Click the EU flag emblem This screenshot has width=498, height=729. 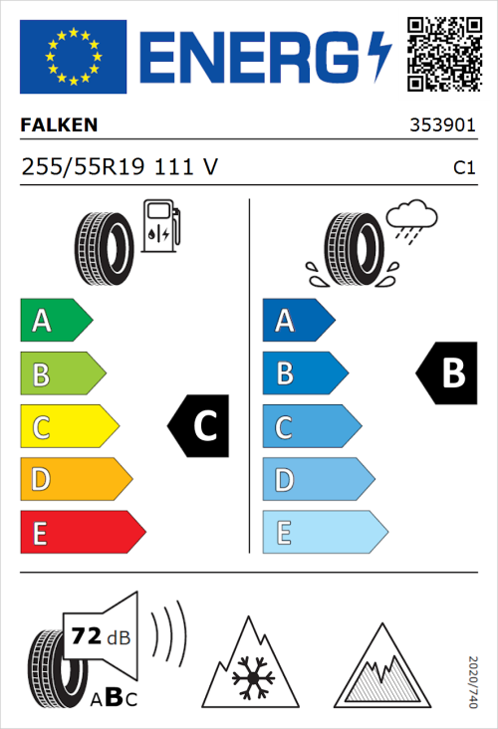(73, 56)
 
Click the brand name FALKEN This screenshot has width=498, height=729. (59, 126)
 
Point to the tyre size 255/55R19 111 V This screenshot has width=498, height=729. (119, 167)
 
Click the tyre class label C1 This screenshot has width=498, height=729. (463, 168)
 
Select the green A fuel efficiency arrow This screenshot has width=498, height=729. (55, 321)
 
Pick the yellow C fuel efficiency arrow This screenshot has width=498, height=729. (68, 427)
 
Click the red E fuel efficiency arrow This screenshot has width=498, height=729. (82, 533)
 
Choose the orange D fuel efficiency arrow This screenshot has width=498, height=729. (75, 480)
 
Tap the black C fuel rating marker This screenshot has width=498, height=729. (200, 426)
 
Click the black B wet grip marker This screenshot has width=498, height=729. (446, 373)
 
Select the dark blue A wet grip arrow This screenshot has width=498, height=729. (298, 321)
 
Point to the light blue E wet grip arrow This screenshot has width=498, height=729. (324, 533)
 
